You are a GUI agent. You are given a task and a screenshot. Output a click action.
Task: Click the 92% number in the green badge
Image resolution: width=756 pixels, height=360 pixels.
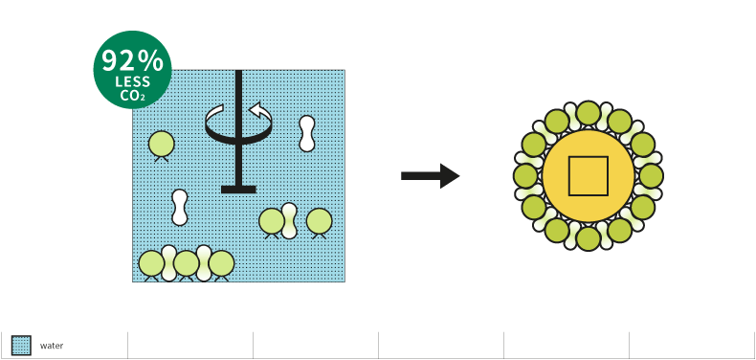pyautogui.click(x=133, y=61)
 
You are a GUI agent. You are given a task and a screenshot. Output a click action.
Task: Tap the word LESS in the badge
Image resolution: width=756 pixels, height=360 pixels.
pyautogui.click(x=133, y=82)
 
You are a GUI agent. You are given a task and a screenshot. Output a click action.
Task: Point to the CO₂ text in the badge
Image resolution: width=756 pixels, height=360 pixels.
pyautogui.click(x=133, y=95)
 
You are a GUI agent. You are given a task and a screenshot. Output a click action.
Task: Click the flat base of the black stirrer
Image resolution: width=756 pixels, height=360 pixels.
pyautogui.click(x=238, y=190)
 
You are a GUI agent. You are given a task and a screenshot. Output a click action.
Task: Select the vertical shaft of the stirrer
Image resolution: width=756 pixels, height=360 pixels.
pyautogui.click(x=238, y=128)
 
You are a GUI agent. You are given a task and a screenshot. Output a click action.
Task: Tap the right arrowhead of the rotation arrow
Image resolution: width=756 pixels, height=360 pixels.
pyautogui.click(x=259, y=110)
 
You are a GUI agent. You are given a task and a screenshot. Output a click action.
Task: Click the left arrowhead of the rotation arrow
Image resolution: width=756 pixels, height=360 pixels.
pyautogui.click(x=215, y=115)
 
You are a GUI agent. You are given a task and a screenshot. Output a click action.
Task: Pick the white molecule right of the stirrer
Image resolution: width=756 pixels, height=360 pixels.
pyautogui.click(x=307, y=134)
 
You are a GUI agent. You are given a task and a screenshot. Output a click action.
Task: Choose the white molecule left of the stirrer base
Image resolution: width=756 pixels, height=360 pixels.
pyautogui.click(x=180, y=208)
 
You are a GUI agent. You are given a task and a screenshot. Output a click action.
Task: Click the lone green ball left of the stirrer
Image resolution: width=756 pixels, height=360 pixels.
pyautogui.click(x=161, y=144)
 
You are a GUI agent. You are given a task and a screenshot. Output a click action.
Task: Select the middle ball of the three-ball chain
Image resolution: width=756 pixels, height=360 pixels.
pyautogui.click(x=187, y=264)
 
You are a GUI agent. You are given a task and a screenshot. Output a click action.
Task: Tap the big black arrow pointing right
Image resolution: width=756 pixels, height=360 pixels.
pyautogui.click(x=430, y=176)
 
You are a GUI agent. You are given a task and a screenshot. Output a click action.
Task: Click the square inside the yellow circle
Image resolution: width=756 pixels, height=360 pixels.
pyautogui.click(x=589, y=176)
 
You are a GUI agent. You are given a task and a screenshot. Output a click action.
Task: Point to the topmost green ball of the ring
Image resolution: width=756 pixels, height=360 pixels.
pyautogui.click(x=589, y=113)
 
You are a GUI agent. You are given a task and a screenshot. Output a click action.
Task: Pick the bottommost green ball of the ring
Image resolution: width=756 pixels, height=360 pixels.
pyautogui.click(x=589, y=238)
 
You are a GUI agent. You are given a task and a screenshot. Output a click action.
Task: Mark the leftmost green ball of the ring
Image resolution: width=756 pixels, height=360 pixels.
pyautogui.click(x=525, y=176)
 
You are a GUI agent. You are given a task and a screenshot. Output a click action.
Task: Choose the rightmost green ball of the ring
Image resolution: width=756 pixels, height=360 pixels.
pyautogui.click(x=652, y=176)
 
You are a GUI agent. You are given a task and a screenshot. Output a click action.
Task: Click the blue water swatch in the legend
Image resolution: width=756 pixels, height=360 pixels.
pyautogui.click(x=21, y=346)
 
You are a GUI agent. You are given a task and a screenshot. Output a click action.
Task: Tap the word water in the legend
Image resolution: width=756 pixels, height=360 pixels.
pyautogui.click(x=52, y=346)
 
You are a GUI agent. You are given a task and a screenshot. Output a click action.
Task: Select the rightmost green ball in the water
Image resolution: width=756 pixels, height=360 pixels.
pyautogui.click(x=320, y=221)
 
